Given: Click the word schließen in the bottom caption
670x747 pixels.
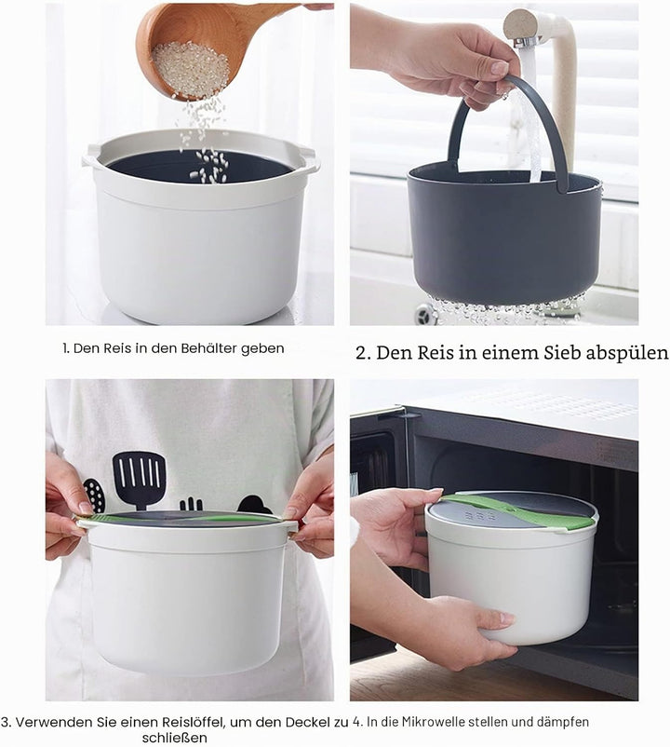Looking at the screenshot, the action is [x=174, y=738].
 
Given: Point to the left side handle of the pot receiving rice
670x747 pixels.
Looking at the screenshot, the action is [x=91, y=156].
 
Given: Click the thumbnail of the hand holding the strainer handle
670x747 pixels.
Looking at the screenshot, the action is [x=499, y=68].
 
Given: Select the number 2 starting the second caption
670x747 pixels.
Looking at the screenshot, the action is [x=363, y=353].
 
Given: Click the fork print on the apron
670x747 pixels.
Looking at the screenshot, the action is [x=191, y=503].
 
